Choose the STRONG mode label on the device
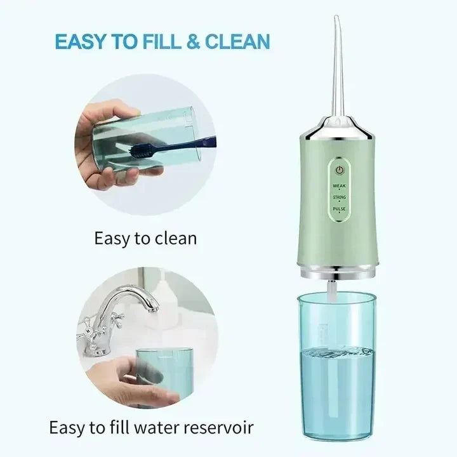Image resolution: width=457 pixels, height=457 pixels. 340,197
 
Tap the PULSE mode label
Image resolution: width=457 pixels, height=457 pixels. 340,209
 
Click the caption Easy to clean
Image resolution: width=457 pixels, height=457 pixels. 145,239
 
